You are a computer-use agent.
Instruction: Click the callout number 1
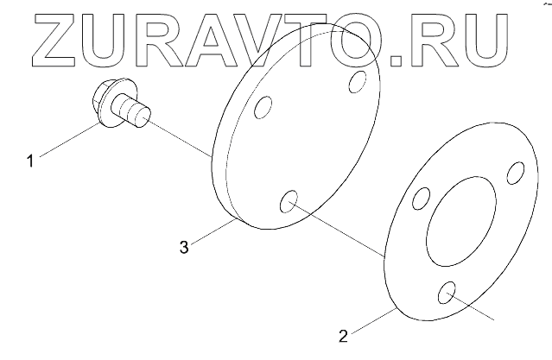click(x=31, y=160)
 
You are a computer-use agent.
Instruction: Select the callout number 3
click(x=183, y=247)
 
